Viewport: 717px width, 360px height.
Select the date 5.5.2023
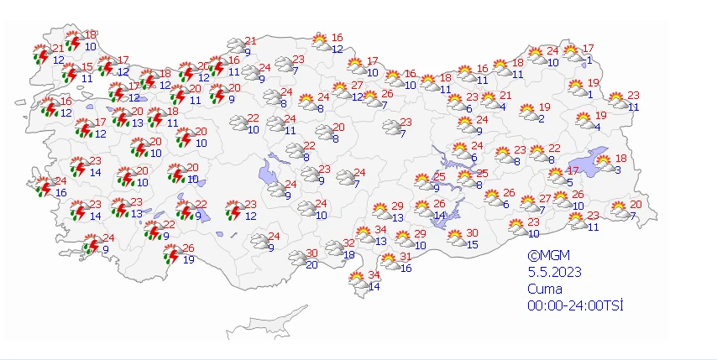click(553, 272)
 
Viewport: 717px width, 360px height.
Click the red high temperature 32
click(348, 243)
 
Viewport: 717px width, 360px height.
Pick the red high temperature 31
click(405, 257)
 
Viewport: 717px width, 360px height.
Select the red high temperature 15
click(87, 67)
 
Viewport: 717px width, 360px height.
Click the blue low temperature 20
click(311, 265)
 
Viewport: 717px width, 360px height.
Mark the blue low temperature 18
click(348, 254)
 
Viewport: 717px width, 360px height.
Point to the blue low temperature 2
click(542, 118)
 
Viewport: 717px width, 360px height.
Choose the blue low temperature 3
click(617, 170)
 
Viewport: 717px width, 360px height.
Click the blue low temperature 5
click(569, 182)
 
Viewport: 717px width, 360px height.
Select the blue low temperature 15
click(473, 245)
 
